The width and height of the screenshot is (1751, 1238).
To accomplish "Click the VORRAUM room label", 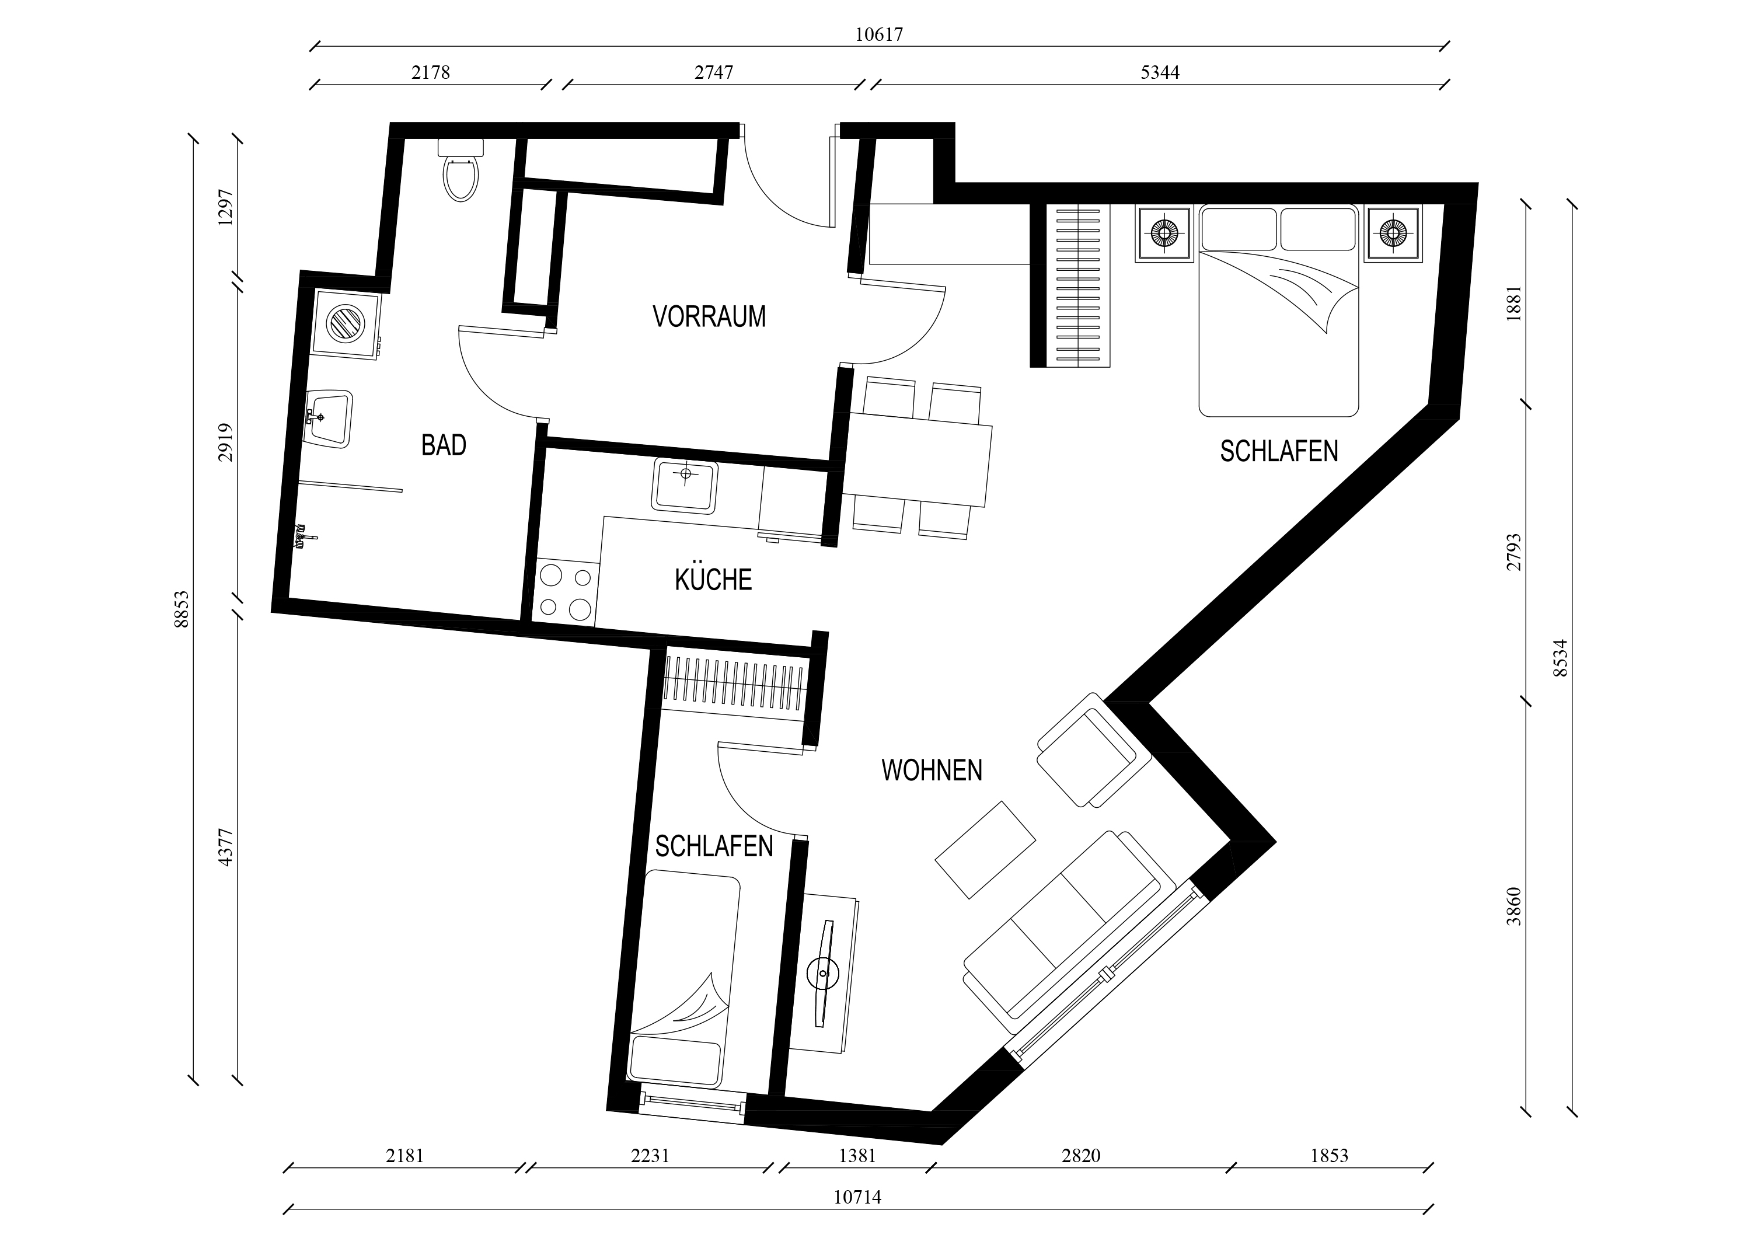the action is click(709, 316).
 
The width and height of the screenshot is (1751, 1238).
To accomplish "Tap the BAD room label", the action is click(443, 445).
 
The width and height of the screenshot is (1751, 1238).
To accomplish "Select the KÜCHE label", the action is click(713, 580).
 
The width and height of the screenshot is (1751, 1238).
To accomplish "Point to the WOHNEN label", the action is click(932, 770).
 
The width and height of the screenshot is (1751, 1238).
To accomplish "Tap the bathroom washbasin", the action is click(329, 419).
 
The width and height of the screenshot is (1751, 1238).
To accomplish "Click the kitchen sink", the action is click(684, 486).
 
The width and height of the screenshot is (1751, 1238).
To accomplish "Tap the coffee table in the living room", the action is click(985, 850).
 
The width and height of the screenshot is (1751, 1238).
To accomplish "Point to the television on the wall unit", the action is click(824, 974).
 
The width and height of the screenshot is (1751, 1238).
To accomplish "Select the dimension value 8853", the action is click(182, 609).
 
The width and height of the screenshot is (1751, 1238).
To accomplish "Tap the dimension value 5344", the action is click(1160, 72).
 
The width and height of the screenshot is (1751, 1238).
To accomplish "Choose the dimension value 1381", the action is click(857, 1156).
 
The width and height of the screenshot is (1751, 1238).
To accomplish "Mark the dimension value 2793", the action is click(1514, 552).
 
